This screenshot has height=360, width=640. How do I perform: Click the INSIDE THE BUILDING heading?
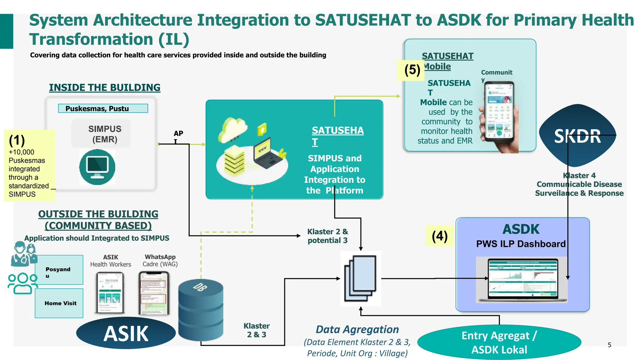pos(104,87)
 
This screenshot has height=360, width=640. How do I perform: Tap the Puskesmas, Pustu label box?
pos(103,108)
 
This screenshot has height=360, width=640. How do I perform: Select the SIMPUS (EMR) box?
pos(101,134)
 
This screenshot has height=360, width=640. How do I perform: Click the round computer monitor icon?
pos(97,167)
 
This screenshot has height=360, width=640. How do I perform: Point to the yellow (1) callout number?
pos(17,140)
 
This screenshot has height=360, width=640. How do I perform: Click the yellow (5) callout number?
pos(412,70)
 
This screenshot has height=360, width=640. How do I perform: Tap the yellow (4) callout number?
pos(439,236)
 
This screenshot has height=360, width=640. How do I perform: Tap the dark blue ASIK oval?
pos(126,333)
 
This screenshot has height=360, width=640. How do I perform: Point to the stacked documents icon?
pos(360,278)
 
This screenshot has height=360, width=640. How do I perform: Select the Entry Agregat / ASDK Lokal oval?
pos(499,342)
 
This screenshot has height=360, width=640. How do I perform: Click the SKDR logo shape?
pos(577,136)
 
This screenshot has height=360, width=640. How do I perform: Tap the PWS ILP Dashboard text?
pos(521,244)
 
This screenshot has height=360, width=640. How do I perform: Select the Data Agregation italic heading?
pos(357,329)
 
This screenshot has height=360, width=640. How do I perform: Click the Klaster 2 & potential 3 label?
pos(327,236)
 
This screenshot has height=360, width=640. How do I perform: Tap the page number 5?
pos(609,345)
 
